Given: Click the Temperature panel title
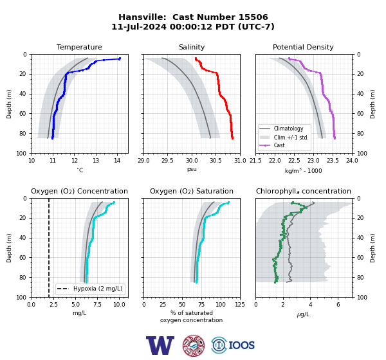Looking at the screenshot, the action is [79, 47].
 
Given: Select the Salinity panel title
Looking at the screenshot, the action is [192, 47].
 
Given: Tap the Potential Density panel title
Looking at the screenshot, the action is [303, 47].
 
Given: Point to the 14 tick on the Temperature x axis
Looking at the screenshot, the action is [118, 161].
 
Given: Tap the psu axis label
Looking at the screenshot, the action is [192, 169].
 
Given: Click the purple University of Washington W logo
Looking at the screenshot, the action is [160, 345].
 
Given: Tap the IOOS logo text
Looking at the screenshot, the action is [241, 345].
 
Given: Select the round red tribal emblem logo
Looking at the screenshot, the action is [194, 345].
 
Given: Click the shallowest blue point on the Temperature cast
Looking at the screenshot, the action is [120, 59].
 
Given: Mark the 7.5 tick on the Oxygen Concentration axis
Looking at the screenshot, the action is [98, 305].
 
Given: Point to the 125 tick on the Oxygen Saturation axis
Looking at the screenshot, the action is [240, 305].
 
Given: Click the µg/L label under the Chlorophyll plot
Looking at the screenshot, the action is [303, 314].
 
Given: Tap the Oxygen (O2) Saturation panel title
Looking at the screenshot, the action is [192, 191].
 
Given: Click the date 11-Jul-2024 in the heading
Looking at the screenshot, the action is [139, 26].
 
